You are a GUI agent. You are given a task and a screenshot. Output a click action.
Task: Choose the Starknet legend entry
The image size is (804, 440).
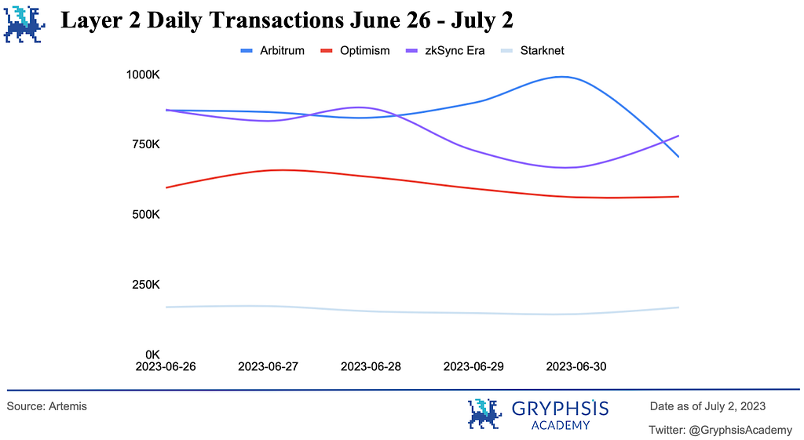tap(537, 50)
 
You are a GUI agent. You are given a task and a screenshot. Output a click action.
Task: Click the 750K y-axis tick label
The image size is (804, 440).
tap(145, 144)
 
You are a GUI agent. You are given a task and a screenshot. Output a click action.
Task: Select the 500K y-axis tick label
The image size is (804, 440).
tap(145, 214)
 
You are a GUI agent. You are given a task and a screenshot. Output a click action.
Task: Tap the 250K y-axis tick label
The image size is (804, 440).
tap(145, 284)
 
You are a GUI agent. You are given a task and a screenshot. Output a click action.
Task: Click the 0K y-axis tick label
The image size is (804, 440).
tap(151, 354)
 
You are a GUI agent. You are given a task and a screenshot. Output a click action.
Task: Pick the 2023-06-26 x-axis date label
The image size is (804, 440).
tap(166, 366)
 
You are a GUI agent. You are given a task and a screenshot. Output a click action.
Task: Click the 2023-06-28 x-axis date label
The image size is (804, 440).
tap(371, 366)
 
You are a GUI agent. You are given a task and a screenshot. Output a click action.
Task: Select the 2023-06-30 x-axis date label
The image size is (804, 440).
tap(576, 366)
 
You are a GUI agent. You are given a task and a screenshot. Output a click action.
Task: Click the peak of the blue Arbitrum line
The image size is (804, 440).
tap(562, 77)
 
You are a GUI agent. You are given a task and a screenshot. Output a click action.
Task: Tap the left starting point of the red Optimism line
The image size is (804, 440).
tap(166, 187)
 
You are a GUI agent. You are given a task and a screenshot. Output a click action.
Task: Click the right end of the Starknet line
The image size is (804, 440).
tap(678, 307)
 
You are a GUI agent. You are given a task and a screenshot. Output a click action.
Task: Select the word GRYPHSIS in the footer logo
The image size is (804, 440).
tap(560, 409)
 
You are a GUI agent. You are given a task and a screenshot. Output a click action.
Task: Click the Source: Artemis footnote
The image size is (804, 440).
tap(47, 406)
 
